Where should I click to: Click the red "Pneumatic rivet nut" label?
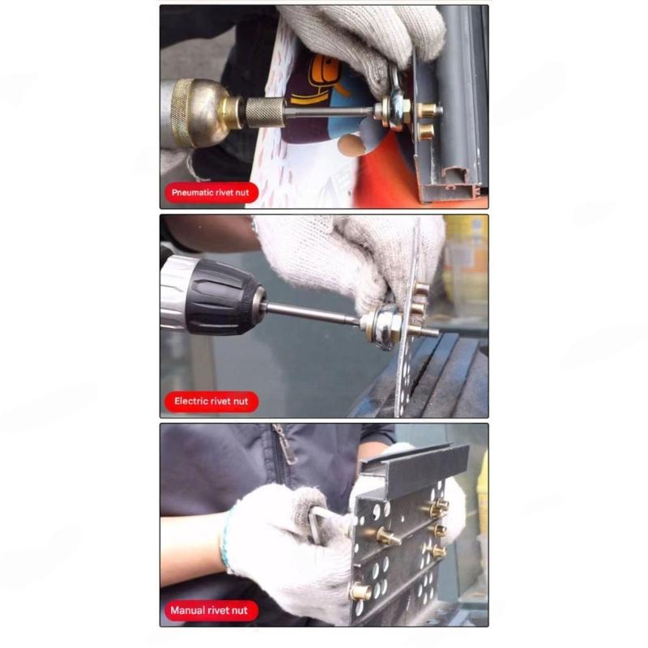211,193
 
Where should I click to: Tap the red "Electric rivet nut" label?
211,401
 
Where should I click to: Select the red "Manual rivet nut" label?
209,610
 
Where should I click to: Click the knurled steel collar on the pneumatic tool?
265,112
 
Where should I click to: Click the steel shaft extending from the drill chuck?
312,315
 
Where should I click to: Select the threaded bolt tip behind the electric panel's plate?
429,331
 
